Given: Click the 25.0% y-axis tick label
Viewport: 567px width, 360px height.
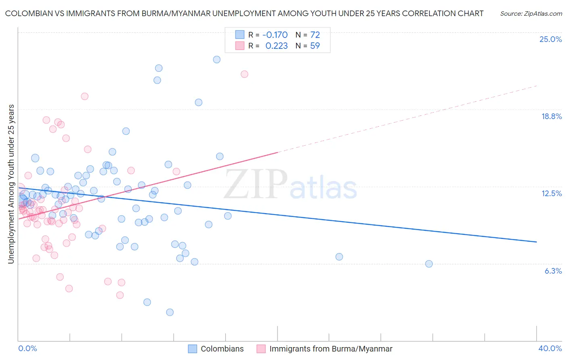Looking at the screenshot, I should pos(550,39).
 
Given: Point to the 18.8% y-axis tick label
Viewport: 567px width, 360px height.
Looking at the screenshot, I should pos(551,116).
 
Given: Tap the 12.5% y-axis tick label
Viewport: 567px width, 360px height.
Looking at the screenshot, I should pos(551,193).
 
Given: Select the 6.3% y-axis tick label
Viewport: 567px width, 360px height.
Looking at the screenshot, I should pos(553,271).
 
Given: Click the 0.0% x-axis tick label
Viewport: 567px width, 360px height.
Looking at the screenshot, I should pos(28,348).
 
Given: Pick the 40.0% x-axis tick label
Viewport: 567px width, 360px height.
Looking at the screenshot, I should pos(550,348).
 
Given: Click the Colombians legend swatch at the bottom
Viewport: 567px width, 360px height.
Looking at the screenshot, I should pos(193,349).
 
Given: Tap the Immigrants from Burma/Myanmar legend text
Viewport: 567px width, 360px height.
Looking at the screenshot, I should pos(331,349).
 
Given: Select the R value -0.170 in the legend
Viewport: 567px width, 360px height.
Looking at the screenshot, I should pos(275,35).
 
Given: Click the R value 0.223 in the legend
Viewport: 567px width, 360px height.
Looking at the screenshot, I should pos(276,46).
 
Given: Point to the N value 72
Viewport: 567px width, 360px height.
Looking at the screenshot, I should pos(315,35).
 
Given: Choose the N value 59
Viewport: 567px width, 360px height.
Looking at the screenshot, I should pos(315,46).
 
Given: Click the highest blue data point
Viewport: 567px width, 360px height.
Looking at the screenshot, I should pos(217,59).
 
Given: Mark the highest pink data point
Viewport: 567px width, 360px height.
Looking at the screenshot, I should pos(244,74).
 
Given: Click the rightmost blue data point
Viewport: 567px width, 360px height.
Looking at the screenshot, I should pos(429,264).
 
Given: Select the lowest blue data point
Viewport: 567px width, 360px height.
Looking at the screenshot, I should pos(170,312).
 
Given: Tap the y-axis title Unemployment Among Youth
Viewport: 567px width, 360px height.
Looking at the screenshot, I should pos(11,184).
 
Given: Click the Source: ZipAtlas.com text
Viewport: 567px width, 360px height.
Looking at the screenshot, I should pos(531,14).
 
